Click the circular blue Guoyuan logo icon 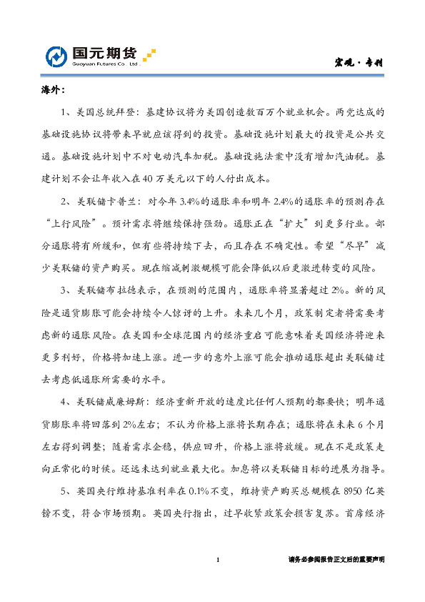pyautogui.click(x=58, y=57)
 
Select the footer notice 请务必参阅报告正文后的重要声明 pyautogui.click(x=336, y=560)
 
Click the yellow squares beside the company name pyautogui.click(x=149, y=54)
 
